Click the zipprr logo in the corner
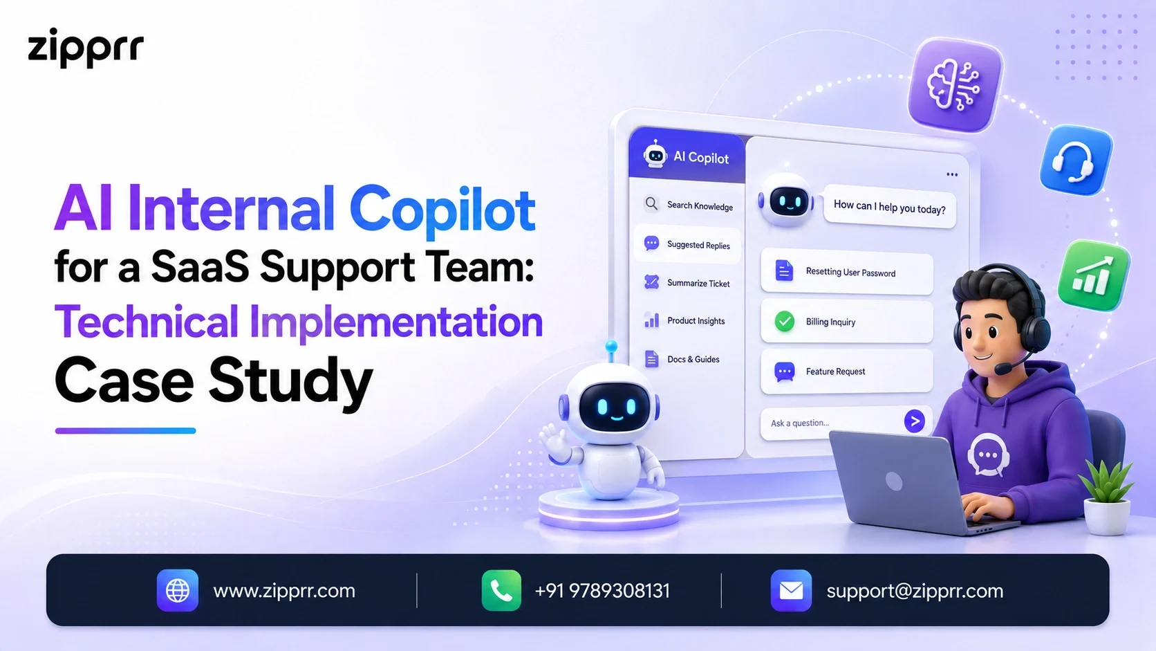(86, 48)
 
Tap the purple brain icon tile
(955, 84)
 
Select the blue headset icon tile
(1076, 161)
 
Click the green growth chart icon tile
(1094, 275)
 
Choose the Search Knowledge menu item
(689, 205)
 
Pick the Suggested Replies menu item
(687, 244)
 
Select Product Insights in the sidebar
(684, 320)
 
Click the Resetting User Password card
(847, 272)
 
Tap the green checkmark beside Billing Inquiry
(785, 321)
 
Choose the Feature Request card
(847, 372)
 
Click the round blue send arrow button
(915, 421)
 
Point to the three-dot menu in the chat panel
(952, 174)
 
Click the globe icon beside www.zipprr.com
(178, 590)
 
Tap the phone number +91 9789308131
(602, 591)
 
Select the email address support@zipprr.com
(915, 591)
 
